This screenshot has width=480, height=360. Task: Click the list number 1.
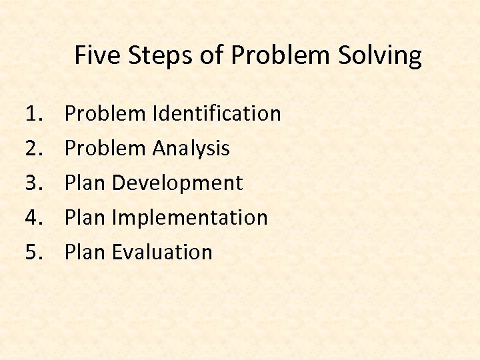click(x=34, y=114)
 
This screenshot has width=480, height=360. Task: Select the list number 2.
click(x=34, y=149)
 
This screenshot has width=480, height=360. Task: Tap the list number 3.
click(x=34, y=183)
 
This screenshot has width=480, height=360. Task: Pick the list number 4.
click(x=34, y=218)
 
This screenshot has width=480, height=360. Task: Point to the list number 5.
click(x=34, y=253)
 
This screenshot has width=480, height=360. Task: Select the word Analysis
click(x=191, y=149)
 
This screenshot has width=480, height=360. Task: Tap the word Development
click(x=177, y=183)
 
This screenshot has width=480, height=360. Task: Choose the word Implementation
click(x=190, y=218)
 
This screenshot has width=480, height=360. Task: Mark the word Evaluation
click(x=162, y=253)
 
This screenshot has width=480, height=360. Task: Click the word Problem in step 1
click(x=105, y=114)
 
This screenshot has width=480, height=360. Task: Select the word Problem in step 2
click(x=105, y=149)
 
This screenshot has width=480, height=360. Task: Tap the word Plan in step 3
click(x=85, y=183)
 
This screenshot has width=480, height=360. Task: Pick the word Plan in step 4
click(x=85, y=218)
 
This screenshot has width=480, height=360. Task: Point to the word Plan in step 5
click(x=85, y=253)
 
